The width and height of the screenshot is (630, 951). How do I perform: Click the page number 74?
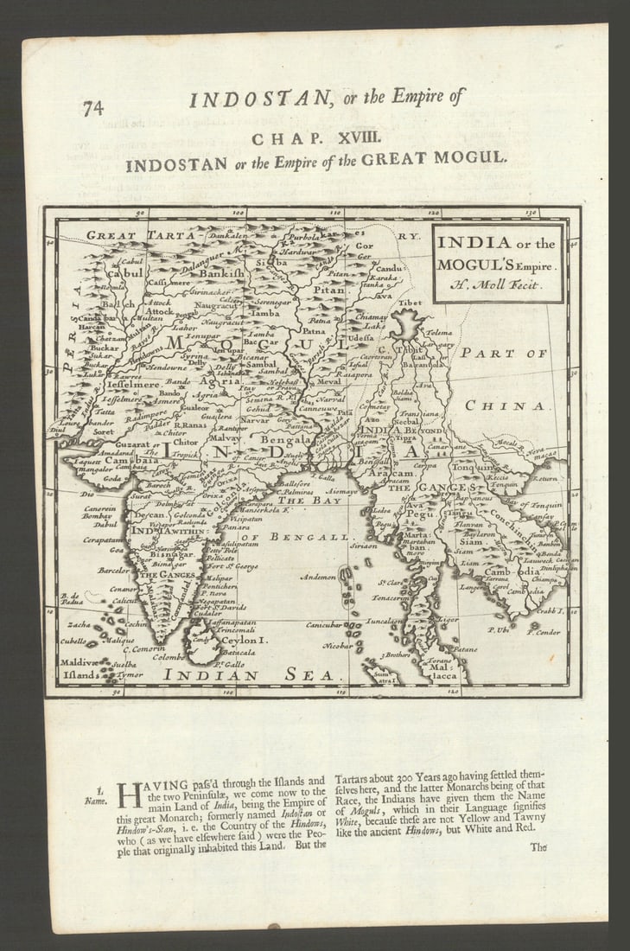click(x=92, y=108)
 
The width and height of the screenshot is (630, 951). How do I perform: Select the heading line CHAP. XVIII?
click(x=315, y=137)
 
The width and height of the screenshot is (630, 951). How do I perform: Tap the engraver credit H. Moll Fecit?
click(x=498, y=283)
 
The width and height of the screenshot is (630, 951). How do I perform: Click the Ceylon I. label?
click(x=248, y=641)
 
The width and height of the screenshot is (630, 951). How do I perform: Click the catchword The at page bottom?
click(x=539, y=848)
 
